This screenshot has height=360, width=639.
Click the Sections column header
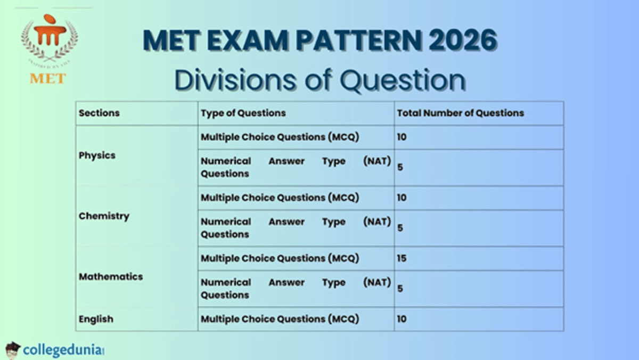click(x=99, y=113)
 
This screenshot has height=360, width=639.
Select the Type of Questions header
click(x=243, y=113)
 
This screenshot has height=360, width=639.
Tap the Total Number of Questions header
click(x=460, y=113)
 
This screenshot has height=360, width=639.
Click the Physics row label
click(x=97, y=156)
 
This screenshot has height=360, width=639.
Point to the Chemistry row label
click(x=104, y=216)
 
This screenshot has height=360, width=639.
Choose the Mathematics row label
click(x=111, y=277)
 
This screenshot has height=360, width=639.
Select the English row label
click(x=96, y=319)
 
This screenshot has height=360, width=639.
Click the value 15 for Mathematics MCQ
click(x=402, y=258)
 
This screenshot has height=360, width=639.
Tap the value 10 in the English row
click(x=402, y=319)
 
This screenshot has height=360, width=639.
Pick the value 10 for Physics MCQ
click(x=402, y=137)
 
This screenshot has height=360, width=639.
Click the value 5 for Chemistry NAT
click(x=400, y=228)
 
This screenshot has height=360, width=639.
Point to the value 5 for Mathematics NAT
click(x=400, y=289)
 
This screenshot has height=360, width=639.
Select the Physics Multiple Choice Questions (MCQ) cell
click(x=280, y=137)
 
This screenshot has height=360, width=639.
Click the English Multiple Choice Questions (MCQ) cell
click(x=280, y=319)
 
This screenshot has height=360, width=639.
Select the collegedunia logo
click(x=56, y=349)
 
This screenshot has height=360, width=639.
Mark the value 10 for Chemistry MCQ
click(x=402, y=198)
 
